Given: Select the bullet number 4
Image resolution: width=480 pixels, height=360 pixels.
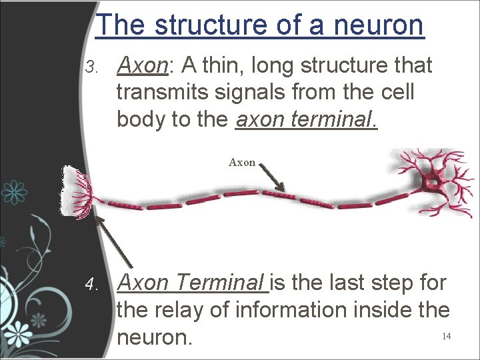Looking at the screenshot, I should tap(93, 285).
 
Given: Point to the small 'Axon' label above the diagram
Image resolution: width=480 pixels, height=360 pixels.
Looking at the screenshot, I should tap(242, 162).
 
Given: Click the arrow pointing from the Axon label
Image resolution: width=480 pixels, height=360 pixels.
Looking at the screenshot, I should tap(272, 177).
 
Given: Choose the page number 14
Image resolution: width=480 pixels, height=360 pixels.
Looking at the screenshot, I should tap(446, 336).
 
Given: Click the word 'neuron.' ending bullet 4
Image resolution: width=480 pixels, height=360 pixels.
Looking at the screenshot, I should tap(155, 337).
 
